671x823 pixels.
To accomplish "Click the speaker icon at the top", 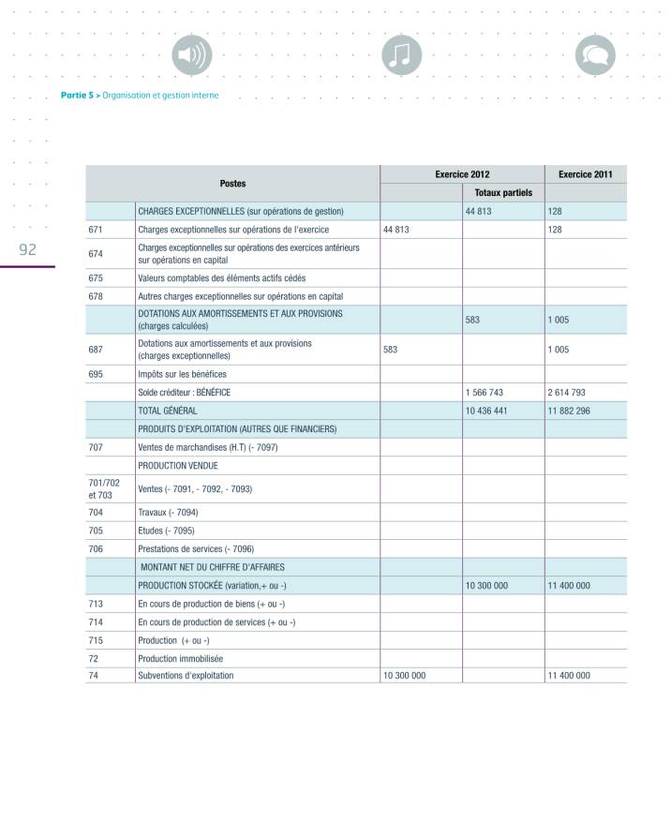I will click(x=191, y=57).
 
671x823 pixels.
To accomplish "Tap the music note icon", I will click(x=403, y=57).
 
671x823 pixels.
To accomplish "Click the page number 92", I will click(x=28, y=249).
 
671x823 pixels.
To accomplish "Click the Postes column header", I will click(x=233, y=184).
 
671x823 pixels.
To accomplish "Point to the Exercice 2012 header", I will click(x=462, y=174).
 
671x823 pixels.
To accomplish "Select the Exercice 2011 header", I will click(x=586, y=174).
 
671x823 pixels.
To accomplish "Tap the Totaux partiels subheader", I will click(x=503, y=193).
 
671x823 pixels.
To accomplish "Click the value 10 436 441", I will click(x=486, y=411).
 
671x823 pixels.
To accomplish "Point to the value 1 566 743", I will click(x=485, y=393).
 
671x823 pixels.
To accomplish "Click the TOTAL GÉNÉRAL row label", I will click(x=168, y=411).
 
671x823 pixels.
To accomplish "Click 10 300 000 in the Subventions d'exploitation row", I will click(x=406, y=675).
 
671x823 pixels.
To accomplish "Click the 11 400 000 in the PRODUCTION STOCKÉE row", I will click(x=569, y=586).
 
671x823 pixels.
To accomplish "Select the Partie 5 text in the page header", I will click(x=78, y=95).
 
